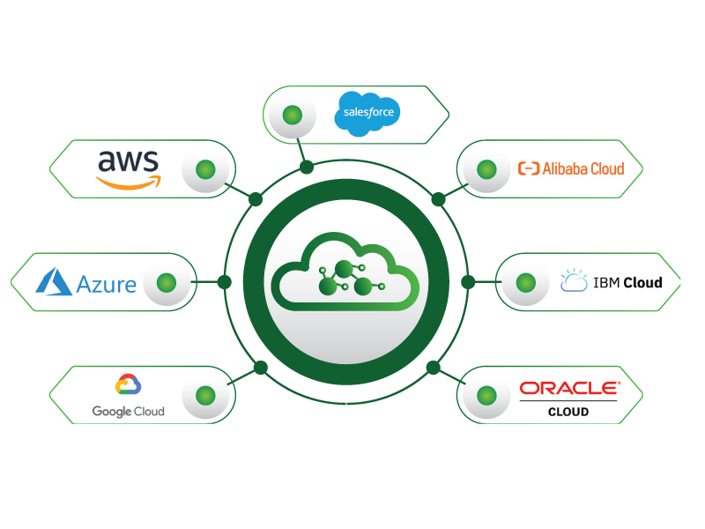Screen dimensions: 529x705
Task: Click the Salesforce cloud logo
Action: (x=367, y=115)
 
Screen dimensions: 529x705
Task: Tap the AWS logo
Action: (x=128, y=168)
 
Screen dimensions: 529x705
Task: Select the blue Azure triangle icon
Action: (x=54, y=281)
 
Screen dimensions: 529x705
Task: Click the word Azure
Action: (x=106, y=284)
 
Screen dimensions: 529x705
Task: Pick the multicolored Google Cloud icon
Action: (x=128, y=384)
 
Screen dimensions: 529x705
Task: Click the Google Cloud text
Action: (x=128, y=412)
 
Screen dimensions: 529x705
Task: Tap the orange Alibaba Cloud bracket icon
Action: (x=529, y=168)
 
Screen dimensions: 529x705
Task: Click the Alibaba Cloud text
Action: (x=583, y=168)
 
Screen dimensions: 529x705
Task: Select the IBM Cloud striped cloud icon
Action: (x=574, y=282)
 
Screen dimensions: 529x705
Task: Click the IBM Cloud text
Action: (x=627, y=283)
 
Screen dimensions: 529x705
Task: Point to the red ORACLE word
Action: (x=569, y=387)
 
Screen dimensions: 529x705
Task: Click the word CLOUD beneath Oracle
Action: (x=568, y=412)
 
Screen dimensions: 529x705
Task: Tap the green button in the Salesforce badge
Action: (x=293, y=115)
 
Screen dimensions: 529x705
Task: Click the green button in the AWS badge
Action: (x=205, y=168)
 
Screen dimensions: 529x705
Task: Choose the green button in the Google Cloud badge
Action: (x=205, y=394)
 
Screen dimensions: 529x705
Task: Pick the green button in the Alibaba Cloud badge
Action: (x=486, y=168)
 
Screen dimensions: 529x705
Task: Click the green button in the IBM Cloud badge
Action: (x=525, y=283)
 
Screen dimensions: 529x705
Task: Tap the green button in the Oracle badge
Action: (x=486, y=394)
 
